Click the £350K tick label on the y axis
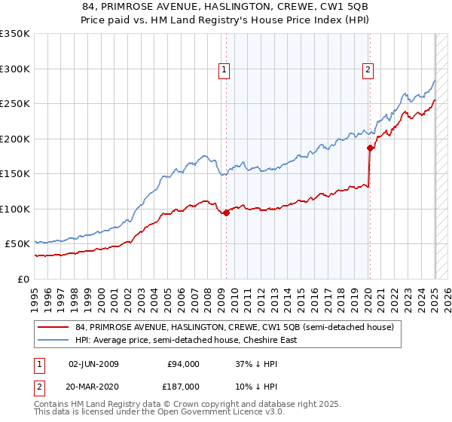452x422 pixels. point(15,34)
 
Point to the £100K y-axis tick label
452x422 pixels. point(15,209)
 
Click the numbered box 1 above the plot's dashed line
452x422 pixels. point(224,71)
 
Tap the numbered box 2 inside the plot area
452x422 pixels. point(368,71)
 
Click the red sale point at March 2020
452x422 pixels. point(370,148)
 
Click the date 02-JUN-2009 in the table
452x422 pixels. point(93,364)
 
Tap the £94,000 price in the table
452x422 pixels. point(182,364)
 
